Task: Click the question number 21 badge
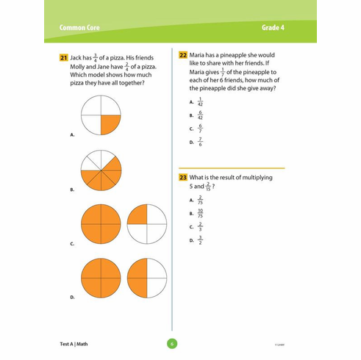click(65, 57)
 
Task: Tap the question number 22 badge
click(183, 55)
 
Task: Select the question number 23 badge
click(183, 179)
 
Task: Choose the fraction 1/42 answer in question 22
click(199, 102)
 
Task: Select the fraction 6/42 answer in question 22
click(199, 115)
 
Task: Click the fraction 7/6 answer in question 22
click(199, 142)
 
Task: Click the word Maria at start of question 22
click(199, 55)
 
